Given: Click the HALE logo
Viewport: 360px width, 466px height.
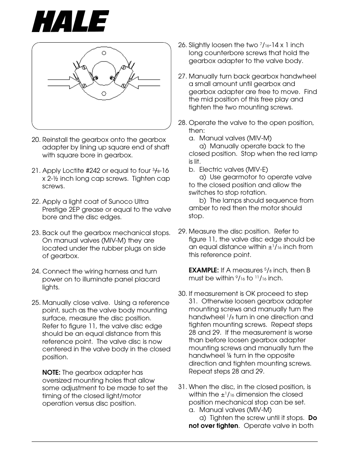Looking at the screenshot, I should [x=71, y=21].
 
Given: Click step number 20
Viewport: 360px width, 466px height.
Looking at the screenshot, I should [x=36, y=140].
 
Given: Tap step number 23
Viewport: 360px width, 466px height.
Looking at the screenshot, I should [x=36, y=233].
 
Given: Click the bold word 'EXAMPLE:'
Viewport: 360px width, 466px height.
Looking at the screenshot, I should [x=204, y=270].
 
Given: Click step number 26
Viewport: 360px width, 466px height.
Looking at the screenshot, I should [x=182, y=45].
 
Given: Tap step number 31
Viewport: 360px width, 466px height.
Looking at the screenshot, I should [x=182, y=387].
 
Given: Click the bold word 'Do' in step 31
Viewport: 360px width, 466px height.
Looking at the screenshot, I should [x=312, y=418].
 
